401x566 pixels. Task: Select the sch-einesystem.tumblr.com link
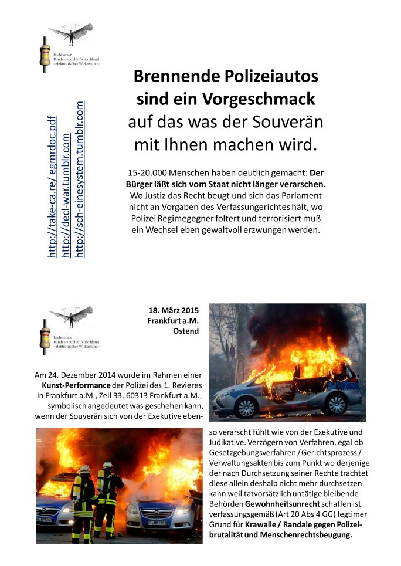(80, 179)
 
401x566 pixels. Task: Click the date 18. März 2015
(174, 310)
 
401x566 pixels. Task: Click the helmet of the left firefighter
(84, 469)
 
